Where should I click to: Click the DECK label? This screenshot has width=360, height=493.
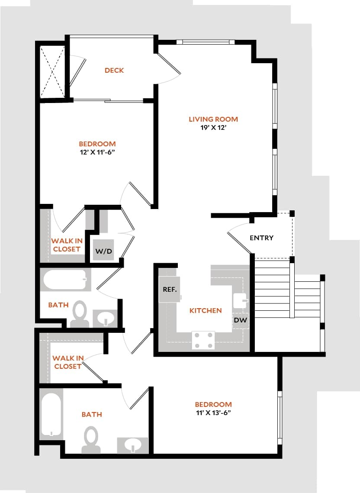(114, 70)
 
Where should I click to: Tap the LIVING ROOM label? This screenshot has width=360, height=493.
(213, 119)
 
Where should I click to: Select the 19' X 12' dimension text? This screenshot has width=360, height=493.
(213, 128)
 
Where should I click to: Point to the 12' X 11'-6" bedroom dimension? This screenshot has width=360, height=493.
(97, 152)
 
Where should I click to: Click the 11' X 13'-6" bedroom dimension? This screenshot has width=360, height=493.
(213, 412)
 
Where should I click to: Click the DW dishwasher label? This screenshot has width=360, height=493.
(240, 320)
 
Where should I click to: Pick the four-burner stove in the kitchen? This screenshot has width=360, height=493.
(203, 340)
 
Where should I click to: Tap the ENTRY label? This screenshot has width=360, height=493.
(262, 238)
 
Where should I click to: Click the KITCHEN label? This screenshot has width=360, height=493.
(206, 310)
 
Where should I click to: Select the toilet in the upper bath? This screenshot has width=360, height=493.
(80, 314)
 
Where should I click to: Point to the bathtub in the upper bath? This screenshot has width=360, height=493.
(64, 280)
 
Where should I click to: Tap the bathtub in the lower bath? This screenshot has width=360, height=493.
(51, 414)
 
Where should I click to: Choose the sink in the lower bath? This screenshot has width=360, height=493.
(133, 445)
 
